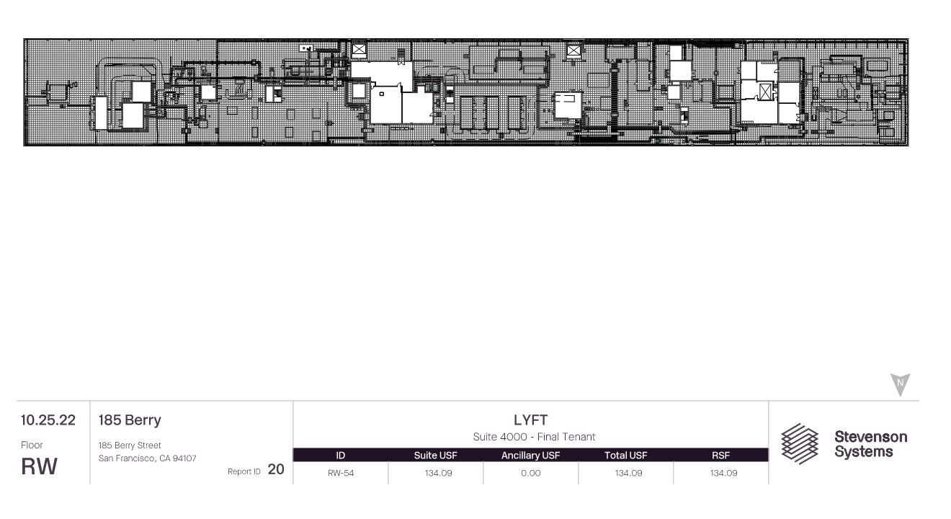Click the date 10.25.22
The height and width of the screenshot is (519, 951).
(x=48, y=420)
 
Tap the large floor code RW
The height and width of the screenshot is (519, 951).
(x=39, y=466)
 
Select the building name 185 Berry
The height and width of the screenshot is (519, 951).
(x=130, y=420)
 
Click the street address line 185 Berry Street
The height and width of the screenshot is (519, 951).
(x=130, y=445)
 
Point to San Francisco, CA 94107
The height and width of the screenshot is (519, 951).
(x=147, y=458)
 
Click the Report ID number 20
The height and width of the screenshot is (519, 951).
(x=276, y=469)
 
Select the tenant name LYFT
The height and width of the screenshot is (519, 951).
(x=531, y=420)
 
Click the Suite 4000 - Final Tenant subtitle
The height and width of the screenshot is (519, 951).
(x=534, y=437)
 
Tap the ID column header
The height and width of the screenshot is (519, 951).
(x=341, y=456)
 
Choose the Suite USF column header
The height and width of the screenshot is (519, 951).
(x=436, y=456)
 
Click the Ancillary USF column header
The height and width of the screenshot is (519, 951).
(x=531, y=456)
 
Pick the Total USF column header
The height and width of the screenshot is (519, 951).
(x=626, y=456)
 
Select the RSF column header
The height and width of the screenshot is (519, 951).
(x=721, y=456)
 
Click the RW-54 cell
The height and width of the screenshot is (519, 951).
(x=341, y=473)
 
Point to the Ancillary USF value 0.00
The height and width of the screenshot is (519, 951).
(x=531, y=473)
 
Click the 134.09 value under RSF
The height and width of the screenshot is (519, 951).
(x=724, y=473)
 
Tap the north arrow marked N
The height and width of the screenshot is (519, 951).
(x=900, y=383)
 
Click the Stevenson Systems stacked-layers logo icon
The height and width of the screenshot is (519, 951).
(x=800, y=444)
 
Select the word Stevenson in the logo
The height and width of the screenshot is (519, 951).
(x=871, y=437)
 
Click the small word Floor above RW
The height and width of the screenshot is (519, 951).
(x=32, y=445)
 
